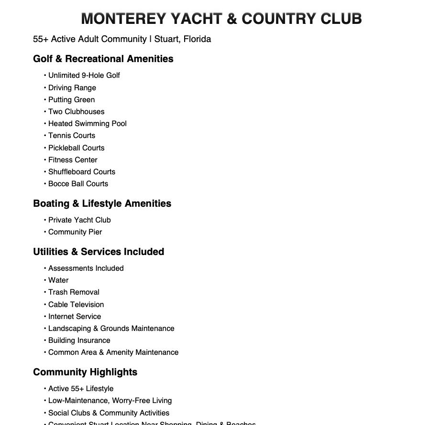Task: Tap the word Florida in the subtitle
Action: coord(197,39)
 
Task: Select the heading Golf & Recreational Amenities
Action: coord(103,59)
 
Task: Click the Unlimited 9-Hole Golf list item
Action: coord(84,75)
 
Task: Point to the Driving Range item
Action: coord(72,88)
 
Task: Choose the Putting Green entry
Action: coord(71,100)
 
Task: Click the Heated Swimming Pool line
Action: coord(87,124)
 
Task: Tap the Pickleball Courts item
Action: coord(76,148)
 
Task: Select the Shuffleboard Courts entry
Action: coord(81,172)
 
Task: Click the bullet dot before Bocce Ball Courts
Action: coord(45,184)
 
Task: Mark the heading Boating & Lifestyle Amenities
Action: coord(102,203)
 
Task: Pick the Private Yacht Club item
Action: coord(79,220)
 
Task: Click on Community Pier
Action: coord(75,232)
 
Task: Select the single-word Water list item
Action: coord(58,280)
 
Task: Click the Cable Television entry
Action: coord(76,305)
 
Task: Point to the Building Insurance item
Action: coord(79,340)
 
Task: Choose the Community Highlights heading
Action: coord(85,372)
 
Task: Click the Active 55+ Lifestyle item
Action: coord(80,389)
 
